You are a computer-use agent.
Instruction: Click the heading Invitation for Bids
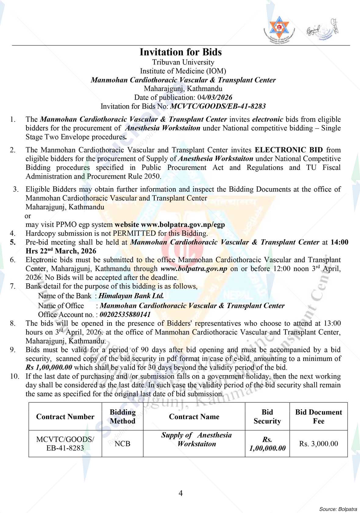tap(180, 52)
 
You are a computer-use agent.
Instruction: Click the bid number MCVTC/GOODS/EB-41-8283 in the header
tap(218, 106)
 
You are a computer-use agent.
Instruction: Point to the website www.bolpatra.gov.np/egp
tap(183, 225)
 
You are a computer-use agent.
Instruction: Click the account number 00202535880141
tap(125, 314)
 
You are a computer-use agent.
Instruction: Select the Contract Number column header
tap(65, 417)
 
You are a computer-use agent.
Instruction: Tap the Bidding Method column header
tap(123, 417)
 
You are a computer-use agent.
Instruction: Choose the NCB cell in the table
tap(123, 444)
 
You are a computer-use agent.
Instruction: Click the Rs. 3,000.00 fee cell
tap(319, 444)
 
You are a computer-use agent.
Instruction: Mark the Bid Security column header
tap(267, 417)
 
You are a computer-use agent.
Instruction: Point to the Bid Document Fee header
tap(319, 417)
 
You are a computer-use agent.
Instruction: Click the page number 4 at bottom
tap(180, 493)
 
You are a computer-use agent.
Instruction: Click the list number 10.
tap(14, 376)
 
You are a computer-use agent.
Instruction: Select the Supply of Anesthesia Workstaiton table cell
tap(196, 439)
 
